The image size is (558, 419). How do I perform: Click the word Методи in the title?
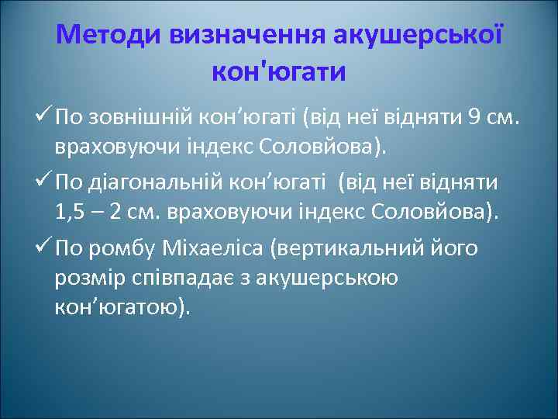click(105, 35)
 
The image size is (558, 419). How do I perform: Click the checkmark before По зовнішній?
click(43, 119)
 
